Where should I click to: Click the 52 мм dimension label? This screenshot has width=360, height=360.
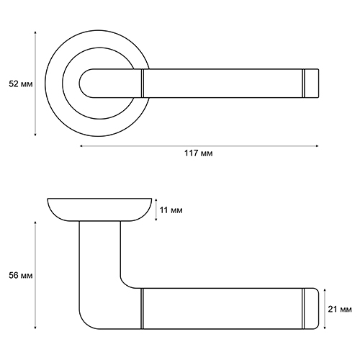(x=21, y=84)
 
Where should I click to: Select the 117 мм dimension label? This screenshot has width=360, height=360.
(x=199, y=153)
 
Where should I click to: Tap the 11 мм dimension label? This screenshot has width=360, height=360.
(x=171, y=210)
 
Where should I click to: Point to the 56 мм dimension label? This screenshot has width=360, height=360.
(x=21, y=275)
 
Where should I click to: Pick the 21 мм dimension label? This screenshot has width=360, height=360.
(x=340, y=309)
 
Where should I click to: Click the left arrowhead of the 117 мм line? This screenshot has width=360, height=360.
(x=81, y=145)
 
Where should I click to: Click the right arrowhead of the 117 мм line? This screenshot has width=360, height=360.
(x=317, y=145)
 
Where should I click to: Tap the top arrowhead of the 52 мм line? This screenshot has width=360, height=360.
(x=35, y=32)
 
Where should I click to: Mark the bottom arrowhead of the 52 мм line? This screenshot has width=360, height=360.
(x=35, y=135)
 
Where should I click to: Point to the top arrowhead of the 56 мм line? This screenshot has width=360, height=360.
(x=35, y=223)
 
